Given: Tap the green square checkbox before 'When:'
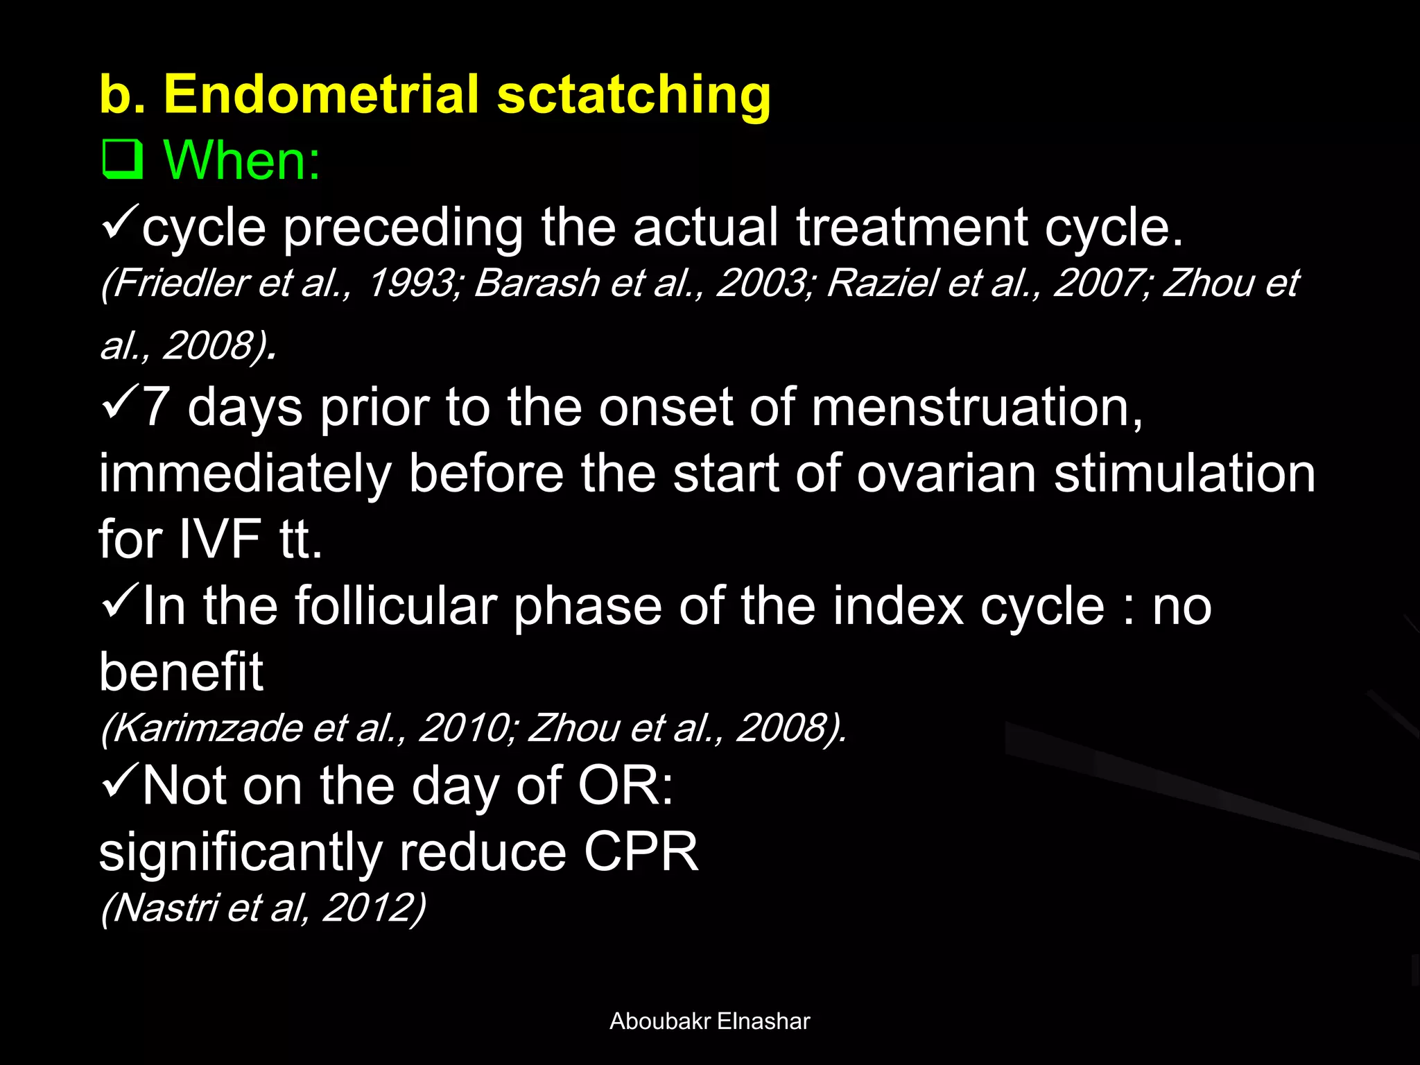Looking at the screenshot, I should point(122,159).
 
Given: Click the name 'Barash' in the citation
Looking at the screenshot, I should point(537,283).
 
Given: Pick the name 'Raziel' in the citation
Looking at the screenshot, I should point(882,283).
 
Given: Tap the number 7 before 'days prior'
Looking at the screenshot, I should point(155,407).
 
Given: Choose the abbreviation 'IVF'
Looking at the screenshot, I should point(220,539).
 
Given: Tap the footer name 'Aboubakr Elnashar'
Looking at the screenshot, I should point(709,1021).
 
